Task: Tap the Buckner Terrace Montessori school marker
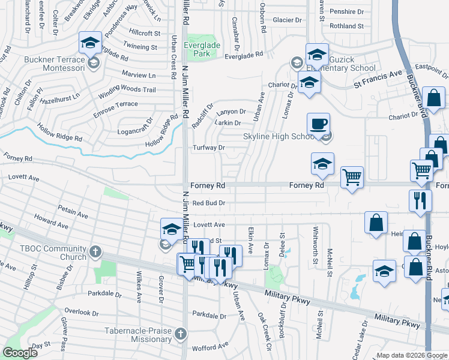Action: tap(90, 43)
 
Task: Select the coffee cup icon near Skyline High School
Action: tap(318, 124)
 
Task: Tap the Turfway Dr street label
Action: tap(208, 148)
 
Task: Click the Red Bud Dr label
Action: tap(208, 203)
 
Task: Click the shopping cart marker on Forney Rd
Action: tap(352, 177)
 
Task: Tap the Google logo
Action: tap(20, 353)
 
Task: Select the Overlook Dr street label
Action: tap(82, 313)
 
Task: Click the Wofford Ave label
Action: tap(208, 347)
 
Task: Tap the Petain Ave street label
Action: tap(73, 211)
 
